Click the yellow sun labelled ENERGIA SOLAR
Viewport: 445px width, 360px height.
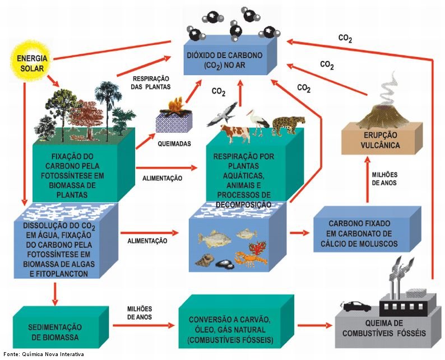(31, 62)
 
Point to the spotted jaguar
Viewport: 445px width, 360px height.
(288, 124)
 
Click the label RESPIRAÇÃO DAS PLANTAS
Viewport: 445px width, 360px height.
(150, 83)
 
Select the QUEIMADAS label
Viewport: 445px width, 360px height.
(174, 144)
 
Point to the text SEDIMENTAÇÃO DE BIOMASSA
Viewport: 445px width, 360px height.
(55, 332)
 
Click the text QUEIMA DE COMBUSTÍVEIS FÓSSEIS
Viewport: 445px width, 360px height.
(384, 328)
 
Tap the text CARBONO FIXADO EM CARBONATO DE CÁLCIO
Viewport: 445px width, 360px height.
(359, 233)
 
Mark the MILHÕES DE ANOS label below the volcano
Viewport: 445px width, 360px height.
(384, 179)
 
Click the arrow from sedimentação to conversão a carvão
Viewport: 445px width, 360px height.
(143, 325)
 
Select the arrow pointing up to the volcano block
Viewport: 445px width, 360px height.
(368, 180)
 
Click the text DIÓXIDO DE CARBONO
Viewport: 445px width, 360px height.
(225, 55)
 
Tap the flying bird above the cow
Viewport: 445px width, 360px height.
(222, 115)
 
